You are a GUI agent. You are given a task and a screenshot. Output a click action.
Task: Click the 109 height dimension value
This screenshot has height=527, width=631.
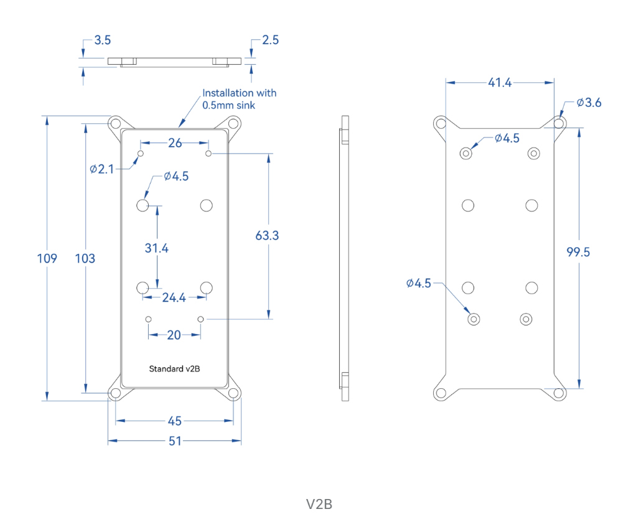(47, 258)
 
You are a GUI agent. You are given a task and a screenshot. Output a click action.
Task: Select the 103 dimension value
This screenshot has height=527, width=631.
(85, 258)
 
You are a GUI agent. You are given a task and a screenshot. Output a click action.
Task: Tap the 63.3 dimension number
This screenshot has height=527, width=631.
(267, 236)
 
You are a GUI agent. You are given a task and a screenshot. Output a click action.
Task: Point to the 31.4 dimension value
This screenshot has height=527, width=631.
(157, 248)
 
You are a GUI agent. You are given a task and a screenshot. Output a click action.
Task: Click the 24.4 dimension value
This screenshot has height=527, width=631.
(174, 298)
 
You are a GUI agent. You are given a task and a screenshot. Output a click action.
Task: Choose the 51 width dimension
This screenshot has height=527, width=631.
(175, 441)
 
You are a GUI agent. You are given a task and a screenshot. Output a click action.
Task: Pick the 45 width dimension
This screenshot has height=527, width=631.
(175, 421)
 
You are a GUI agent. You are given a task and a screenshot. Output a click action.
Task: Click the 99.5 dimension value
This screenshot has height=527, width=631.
(579, 252)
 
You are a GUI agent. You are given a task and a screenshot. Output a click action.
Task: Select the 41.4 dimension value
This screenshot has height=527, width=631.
(499, 82)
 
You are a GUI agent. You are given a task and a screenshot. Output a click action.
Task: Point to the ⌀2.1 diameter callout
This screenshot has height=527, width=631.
(102, 169)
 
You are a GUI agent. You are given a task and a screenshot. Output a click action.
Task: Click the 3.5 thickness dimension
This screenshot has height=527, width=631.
(102, 40)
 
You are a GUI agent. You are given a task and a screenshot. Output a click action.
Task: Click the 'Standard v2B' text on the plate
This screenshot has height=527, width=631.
(174, 369)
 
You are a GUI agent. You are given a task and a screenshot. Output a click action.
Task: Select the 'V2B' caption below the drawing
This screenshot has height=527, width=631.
(319, 504)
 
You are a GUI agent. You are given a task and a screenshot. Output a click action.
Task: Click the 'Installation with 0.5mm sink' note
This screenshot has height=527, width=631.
(239, 99)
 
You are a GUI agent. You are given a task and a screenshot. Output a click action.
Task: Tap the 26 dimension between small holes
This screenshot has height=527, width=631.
(175, 143)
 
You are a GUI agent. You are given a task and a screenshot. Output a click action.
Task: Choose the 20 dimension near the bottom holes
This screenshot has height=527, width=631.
(174, 335)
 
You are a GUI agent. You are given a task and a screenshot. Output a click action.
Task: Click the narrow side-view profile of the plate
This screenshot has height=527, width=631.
(345, 258)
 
